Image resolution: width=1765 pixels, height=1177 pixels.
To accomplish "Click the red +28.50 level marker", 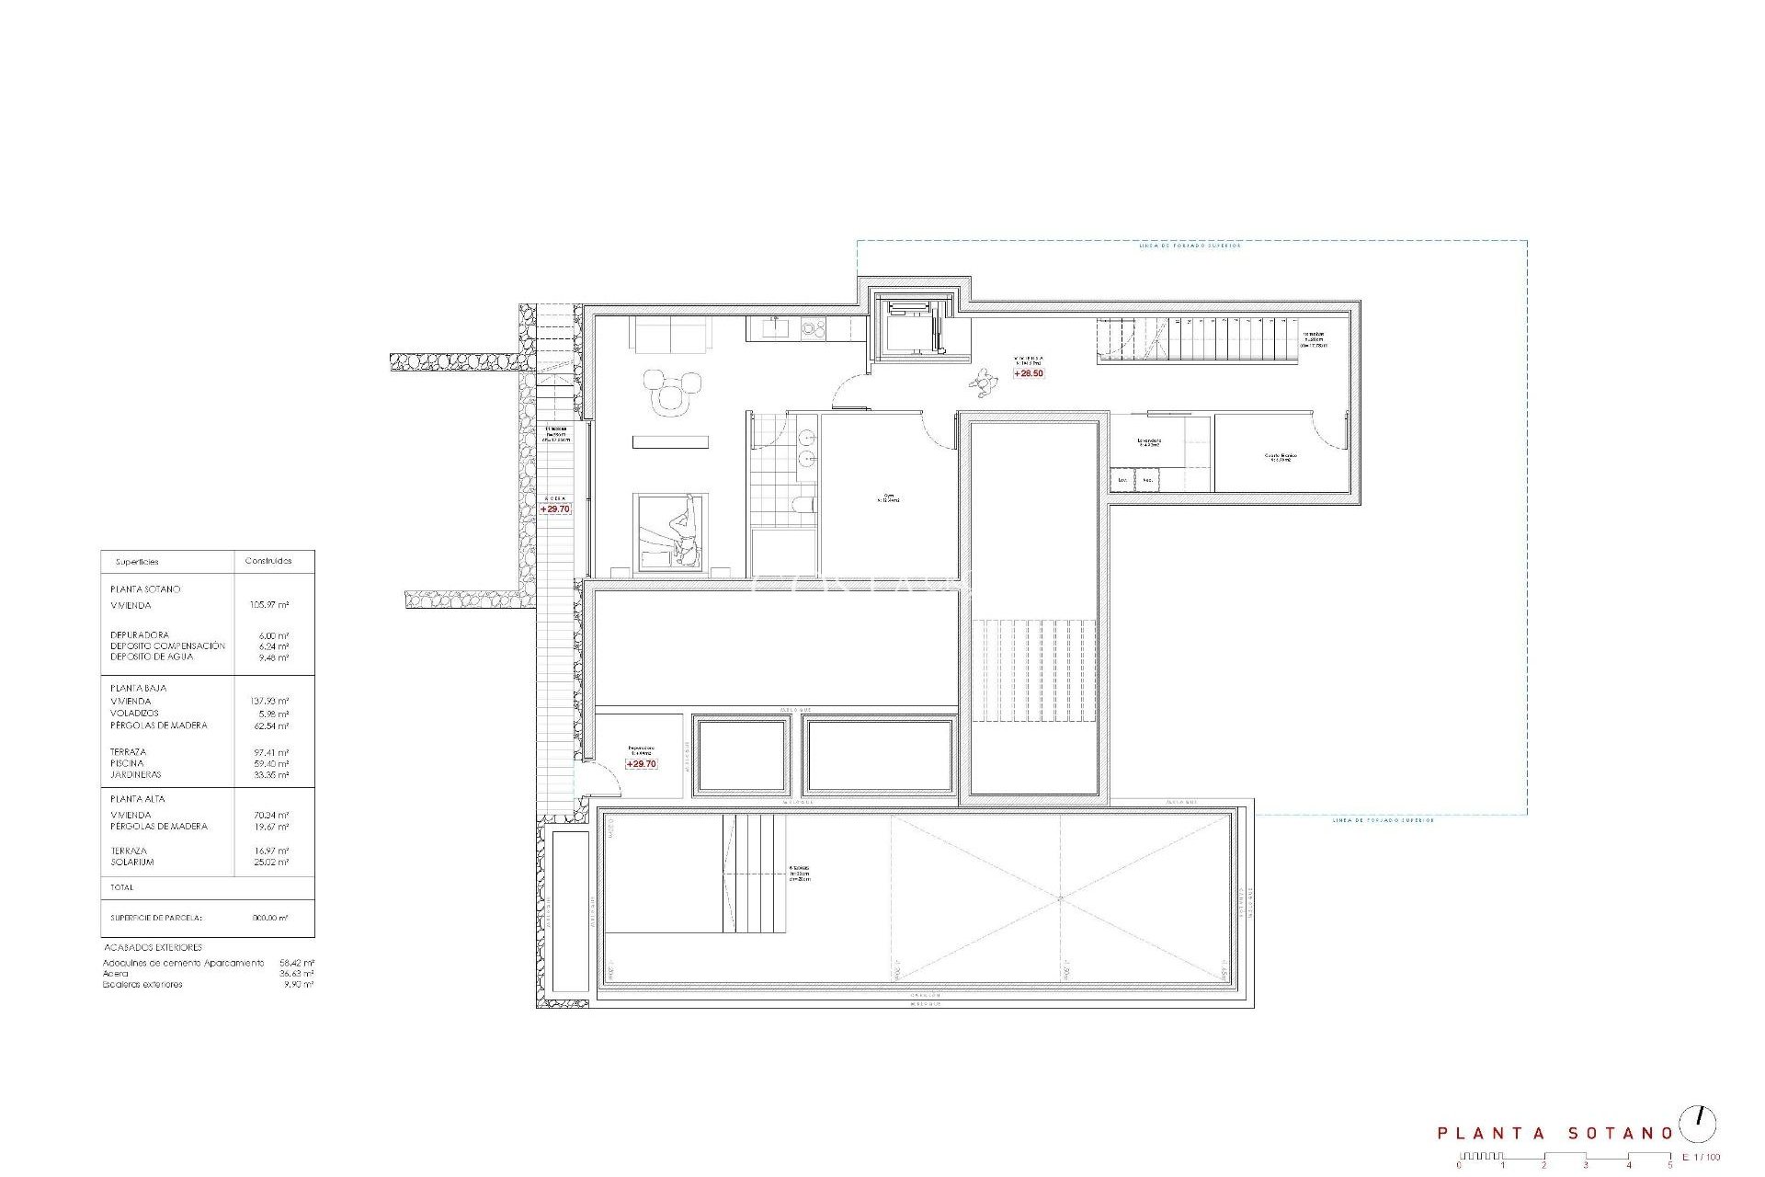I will [1029, 373].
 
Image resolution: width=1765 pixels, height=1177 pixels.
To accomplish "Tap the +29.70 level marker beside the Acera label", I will [555, 509].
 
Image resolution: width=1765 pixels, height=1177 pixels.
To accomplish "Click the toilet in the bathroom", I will [803, 505].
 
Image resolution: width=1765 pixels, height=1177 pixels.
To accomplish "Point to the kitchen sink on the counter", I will [776, 326].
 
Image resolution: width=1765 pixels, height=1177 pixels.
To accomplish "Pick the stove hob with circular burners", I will [813, 326].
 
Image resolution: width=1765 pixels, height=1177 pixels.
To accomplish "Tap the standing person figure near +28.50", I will [985, 381].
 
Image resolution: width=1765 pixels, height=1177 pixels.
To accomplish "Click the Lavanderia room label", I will [1149, 442].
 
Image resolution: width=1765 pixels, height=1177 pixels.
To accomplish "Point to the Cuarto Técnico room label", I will [1279, 457].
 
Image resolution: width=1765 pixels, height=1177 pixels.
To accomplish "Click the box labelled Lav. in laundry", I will [1122, 480].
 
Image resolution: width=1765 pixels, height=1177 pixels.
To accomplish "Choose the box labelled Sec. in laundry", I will [1147, 480].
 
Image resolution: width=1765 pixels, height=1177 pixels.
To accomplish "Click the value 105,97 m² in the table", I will [269, 605].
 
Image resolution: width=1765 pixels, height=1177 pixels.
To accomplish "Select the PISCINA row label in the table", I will [127, 763].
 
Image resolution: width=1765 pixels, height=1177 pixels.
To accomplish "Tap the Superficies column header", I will [137, 561].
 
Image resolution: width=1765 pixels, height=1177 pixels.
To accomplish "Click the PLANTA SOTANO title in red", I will [1554, 1134].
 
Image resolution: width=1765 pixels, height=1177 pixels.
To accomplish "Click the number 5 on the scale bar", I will [1670, 1165].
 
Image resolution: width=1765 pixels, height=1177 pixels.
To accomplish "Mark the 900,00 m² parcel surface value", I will [269, 918].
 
